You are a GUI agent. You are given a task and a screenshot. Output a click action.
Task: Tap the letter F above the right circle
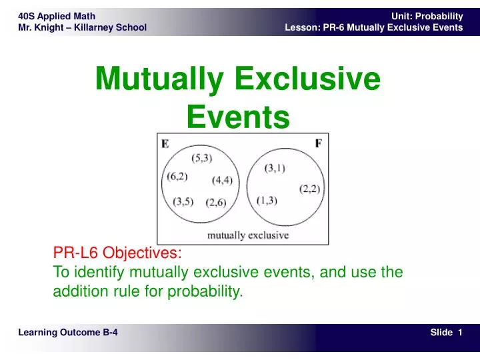[318, 143]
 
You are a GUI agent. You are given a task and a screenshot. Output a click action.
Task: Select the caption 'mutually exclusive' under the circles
[248, 235]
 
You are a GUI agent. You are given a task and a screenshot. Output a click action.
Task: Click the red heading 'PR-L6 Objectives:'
[117, 253]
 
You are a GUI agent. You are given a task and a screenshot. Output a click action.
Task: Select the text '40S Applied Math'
[57, 16]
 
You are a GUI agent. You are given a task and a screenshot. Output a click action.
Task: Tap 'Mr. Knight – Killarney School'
[82, 27]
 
